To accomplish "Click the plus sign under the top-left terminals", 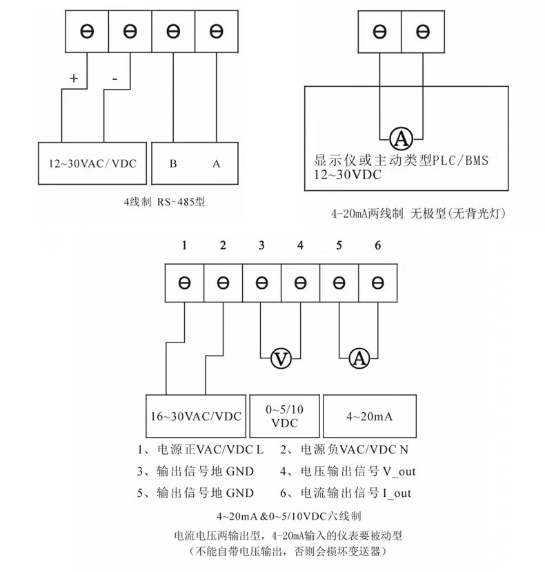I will (74, 78).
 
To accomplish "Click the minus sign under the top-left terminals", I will (115, 79).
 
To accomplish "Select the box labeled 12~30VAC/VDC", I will (93, 163).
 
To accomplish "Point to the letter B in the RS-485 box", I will (173, 163).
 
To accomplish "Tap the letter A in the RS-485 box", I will (216, 163).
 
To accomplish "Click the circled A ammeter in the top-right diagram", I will (401, 139).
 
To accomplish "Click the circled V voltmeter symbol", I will (280, 358).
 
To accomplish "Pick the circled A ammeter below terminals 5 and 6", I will (358, 358).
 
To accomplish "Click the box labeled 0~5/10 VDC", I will (284, 416).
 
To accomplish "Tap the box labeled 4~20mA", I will (369, 416).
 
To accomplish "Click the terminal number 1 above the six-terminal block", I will (184, 246).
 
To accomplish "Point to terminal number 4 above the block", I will (299, 246).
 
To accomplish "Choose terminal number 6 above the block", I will (377, 246).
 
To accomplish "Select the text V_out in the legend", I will (398, 472).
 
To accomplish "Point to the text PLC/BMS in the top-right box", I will (462, 161).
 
